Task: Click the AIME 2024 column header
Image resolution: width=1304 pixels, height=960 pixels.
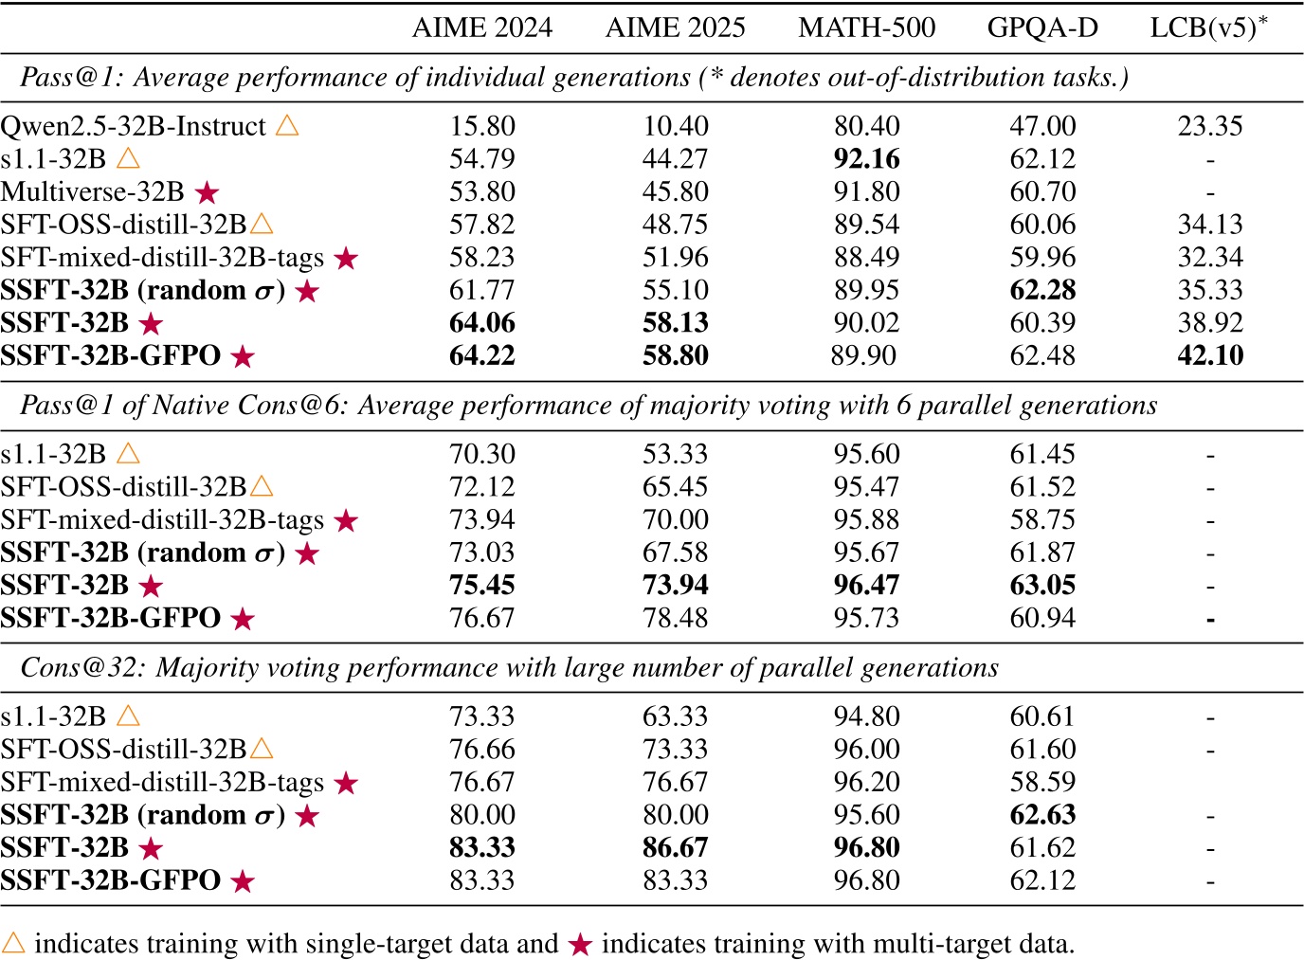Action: pos(481,27)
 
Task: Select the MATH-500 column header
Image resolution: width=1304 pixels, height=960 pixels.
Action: pos(866,27)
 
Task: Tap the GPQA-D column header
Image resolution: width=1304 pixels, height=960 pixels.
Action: pos(1042,27)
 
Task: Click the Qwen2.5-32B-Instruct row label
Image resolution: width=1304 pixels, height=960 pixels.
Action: pos(134,126)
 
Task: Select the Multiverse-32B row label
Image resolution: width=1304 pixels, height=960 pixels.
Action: pos(93,191)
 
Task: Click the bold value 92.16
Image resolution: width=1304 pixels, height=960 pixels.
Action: pos(866,159)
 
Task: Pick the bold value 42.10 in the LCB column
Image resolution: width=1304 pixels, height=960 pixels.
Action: pos(1209,355)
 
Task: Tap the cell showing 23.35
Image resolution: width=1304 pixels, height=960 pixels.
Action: pos(1209,126)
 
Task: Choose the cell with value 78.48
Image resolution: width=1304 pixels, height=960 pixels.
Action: pos(675,618)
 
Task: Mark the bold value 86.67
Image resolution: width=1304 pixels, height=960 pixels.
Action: pos(675,847)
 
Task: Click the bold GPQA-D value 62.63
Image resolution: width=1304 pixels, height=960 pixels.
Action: pos(1042,815)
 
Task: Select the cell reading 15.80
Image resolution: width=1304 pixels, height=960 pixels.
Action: pos(481,126)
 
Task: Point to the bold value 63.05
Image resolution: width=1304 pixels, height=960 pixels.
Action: pos(1042,585)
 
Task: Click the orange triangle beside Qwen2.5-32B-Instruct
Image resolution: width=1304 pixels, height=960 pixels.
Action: pos(287,125)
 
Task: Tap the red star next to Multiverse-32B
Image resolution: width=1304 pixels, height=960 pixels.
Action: pos(207,192)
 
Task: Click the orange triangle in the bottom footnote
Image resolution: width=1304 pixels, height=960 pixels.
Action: pos(14,943)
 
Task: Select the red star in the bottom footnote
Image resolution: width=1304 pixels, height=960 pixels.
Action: pos(581,944)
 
